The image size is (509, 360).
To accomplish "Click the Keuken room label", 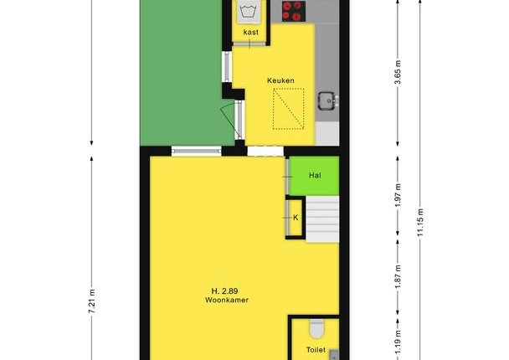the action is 280,80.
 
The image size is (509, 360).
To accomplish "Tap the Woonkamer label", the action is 227,300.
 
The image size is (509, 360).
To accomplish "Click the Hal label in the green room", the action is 315,176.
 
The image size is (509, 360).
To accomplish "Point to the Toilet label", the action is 316,350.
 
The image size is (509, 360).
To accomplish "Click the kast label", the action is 251,32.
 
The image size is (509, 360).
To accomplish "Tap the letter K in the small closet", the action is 296,218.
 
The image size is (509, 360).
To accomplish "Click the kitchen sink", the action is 328,100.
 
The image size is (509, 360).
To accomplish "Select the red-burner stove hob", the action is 294,11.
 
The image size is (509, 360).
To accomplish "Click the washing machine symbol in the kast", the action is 249,12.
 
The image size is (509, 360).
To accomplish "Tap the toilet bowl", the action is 316,328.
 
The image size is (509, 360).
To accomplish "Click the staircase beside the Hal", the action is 322,219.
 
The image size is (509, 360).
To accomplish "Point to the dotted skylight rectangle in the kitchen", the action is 288,109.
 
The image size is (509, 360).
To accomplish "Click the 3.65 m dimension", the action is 398,72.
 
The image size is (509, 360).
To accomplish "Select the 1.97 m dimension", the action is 398,195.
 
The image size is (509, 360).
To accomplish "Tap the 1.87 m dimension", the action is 398,276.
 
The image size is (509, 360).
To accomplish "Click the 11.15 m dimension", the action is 420,223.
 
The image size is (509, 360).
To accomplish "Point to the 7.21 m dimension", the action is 92,301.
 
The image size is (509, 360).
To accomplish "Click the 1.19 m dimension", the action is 398,342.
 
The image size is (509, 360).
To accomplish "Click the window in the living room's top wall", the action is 197,151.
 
